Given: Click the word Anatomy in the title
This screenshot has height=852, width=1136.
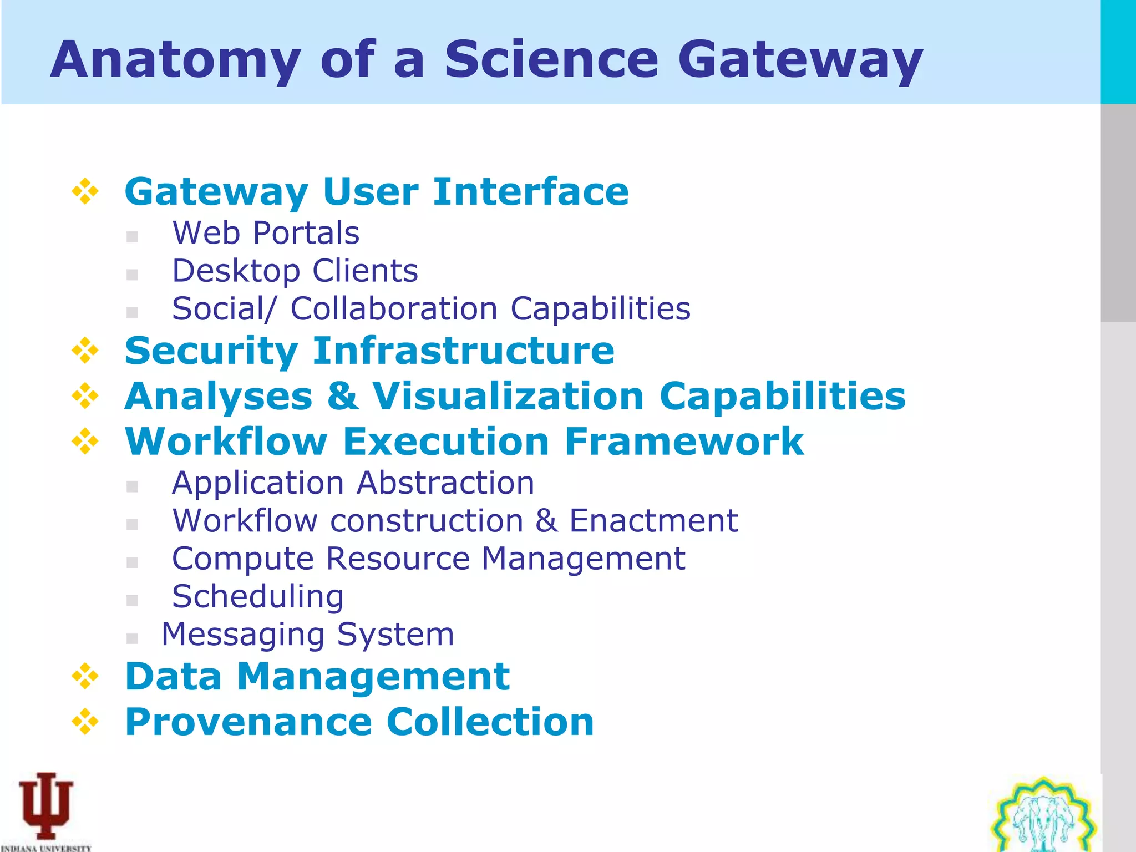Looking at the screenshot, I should coord(175,60).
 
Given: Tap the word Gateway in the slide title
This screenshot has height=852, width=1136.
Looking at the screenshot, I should coord(800,60).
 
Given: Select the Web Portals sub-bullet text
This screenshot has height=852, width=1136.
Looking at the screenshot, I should coord(266,232).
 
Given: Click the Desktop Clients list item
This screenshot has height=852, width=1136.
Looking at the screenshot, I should coord(295,271).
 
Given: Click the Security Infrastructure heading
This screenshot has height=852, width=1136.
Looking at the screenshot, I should coord(369,351).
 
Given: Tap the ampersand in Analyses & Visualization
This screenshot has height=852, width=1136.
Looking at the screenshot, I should coord(343,396).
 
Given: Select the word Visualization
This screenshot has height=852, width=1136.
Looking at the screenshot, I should coord(508,396).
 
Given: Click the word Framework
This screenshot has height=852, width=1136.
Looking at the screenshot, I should coord(684,442).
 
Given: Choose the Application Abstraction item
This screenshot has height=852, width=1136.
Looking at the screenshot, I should coord(353,483).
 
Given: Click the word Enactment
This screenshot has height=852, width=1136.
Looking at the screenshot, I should coord(653,520).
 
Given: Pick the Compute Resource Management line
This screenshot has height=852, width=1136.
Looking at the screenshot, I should coord(428,558).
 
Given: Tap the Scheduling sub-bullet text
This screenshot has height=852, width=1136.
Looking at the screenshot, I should coord(257,596).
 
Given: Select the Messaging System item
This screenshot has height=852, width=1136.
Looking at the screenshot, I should coord(308,634).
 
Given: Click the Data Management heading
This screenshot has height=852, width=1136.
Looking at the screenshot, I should coord(317,677).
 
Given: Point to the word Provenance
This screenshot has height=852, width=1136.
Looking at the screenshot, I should coord(248,722).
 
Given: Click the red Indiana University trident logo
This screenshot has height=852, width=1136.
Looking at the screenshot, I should coord(46,805).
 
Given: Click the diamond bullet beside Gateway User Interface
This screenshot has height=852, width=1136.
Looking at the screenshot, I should coord(85,191).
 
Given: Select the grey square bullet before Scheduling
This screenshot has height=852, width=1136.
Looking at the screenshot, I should coord(132,600).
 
